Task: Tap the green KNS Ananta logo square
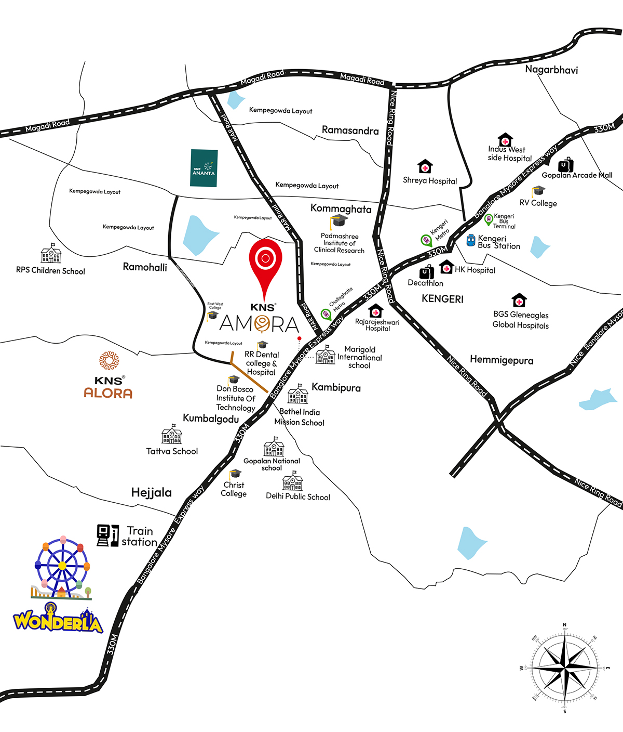pyautogui.click(x=204, y=168)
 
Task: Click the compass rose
pyautogui.click(x=564, y=668)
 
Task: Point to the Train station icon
pyautogui.click(x=107, y=535)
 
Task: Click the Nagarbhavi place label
pyautogui.click(x=551, y=70)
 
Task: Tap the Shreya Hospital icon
pyautogui.click(x=425, y=166)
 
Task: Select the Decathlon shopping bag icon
pyautogui.click(x=427, y=272)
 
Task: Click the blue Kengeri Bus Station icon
pyautogui.click(x=470, y=240)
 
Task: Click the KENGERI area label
pyautogui.click(x=442, y=299)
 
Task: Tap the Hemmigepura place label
pyautogui.click(x=501, y=360)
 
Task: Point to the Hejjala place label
pyautogui.click(x=151, y=492)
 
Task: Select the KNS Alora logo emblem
pyautogui.click(x=109, y=361)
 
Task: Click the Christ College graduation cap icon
pyautogui.click(x=235, y=474)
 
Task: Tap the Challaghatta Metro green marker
pyautogui.click(x=326, y=314)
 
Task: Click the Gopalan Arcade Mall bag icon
pyautogui.click(x=565, y=165)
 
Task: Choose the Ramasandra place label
pyautogui.click(x=350, y=130)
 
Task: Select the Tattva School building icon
pyautogui.click(x=172, y=435)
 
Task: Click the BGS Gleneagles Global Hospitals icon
pyautogui.click(x=519, y=300)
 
